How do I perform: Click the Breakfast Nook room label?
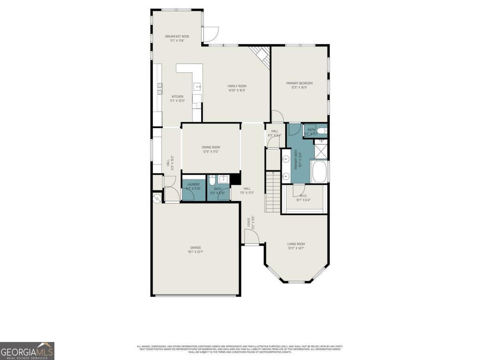(x=177, y=36)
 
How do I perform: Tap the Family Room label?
(x=237, y=86)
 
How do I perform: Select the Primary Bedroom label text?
(x=299, y=83)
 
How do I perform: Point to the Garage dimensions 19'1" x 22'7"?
(x=196, y=252)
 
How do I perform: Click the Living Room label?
(x=296, y=244)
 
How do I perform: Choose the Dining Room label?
(x=211, y=147)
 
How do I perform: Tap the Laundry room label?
(x=190, y=184)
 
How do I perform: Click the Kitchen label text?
(x=178, y=96)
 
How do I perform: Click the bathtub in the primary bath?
(x=319, y=172)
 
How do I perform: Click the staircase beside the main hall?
(x=272, y=192)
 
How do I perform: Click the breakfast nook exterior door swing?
(x=210, y=35)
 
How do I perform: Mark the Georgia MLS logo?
(x=27, y=351)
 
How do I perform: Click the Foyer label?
(x=248, y=222)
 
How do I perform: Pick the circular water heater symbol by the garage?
(x=157, y=198)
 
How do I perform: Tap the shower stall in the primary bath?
(x=321, y=150)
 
